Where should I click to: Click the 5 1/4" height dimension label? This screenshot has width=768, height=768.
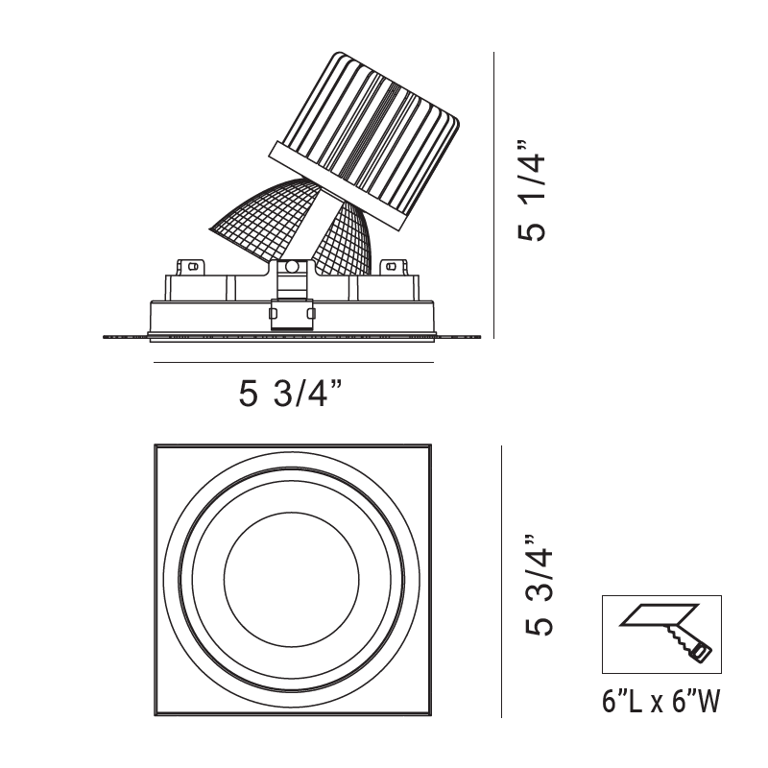(x=532, y=191)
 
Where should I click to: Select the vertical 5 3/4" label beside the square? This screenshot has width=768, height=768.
(x=540, y=586)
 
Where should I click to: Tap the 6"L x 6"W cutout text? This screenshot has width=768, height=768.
(x=661, y=702)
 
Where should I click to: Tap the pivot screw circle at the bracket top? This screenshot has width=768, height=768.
(x=292, y=267)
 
